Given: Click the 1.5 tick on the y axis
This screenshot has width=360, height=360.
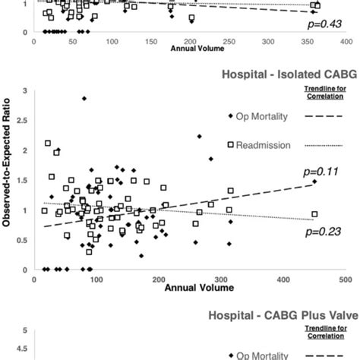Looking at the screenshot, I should [x=24, y=180].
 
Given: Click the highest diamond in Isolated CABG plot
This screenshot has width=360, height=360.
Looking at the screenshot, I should [x=84, y=99].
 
